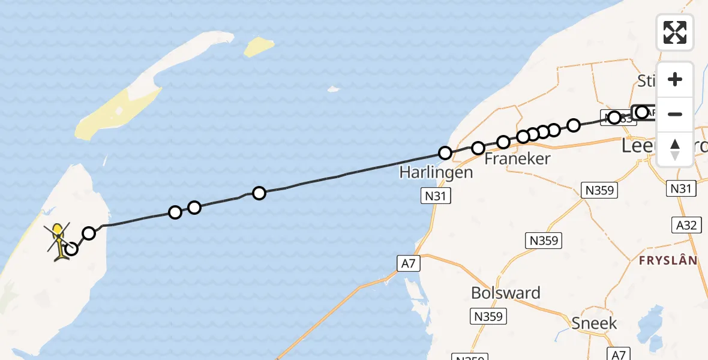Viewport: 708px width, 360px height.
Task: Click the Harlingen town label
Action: (x=436, y=173)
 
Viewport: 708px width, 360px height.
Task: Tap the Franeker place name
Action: (x=509, y=159)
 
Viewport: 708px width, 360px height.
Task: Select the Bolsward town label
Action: (x=506, y=293)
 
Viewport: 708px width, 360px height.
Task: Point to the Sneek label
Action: (x=593, y=323)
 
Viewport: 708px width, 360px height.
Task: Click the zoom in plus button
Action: (x=675, y=80)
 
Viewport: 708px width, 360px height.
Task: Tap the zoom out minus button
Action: (x=675, y=114)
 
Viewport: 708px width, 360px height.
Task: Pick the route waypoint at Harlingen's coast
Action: (x=445, y=153)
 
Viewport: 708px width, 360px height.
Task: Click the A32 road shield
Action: (x=686, y=225)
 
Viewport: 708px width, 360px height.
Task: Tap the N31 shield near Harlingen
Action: (x=436, y=196)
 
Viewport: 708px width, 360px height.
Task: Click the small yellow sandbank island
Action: (x=259, y=47)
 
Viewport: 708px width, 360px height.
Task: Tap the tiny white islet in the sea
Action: (x=332, y=90)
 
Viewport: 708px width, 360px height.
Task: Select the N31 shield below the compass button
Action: (x=681, y=189)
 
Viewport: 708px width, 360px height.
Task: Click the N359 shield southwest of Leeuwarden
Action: (x=599, y=190)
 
